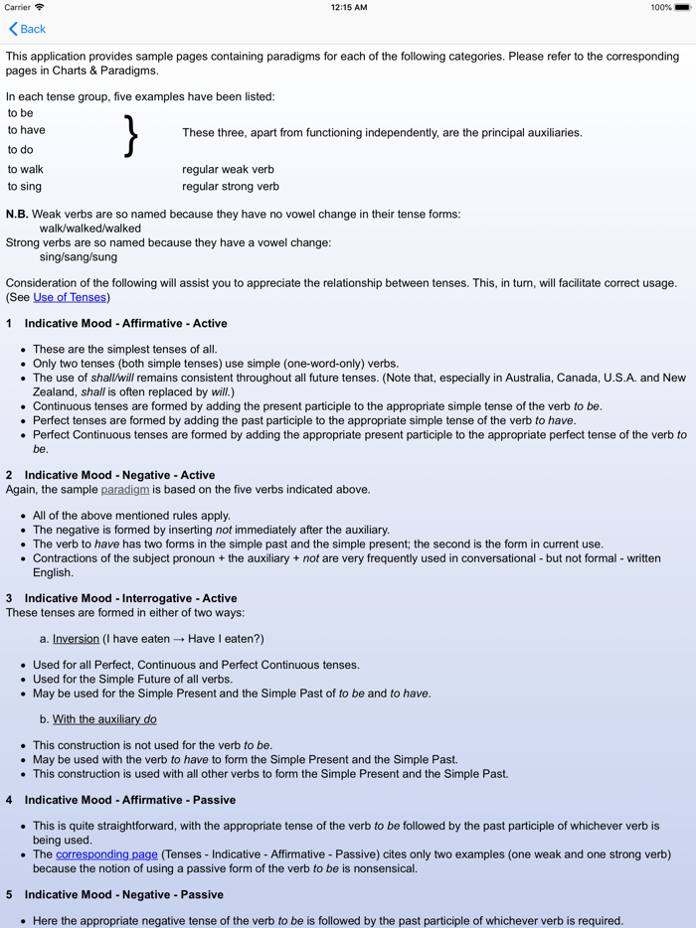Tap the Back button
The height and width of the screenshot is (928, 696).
pyautogui.click(x=27, y=29)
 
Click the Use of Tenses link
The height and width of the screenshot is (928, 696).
pyautogui.click(x=70, y=297)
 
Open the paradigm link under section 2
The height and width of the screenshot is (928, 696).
pyautogui.click(x=124, y=489)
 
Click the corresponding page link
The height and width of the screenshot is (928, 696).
pyautogui.click(x=106, y=853)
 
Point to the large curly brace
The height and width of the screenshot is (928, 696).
pyautogui.click(x=130, y=136)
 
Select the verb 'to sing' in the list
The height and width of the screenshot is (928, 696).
pyautogui.click(x=25, y=186)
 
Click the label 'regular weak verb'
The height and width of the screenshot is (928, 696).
pyautogui.click(x=228, y=169)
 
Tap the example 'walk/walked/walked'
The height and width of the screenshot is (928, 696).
pyautogui.click(x=89, y=228)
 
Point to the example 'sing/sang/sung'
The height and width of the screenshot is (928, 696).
pyautogui.click(x=78, y=256)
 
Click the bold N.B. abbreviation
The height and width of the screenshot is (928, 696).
pyautogui.click(x=17, y=214)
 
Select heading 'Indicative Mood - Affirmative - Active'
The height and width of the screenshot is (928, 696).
pyautogui.click(x=125, y=323)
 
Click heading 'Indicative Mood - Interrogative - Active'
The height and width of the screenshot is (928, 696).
pyautogui.click(x=130, y=598)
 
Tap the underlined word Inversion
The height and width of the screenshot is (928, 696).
pyautogui.click(x=76, y=639)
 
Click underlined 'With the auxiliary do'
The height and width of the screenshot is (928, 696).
pyautogui.click(x=104, y=719)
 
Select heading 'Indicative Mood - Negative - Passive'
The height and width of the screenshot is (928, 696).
pyautogui.click(x=123, y=894)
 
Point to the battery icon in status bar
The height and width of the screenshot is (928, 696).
pyautogui.click(x=682, y=7)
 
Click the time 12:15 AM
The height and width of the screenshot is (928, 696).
pyautogui.click(x=348, y=7)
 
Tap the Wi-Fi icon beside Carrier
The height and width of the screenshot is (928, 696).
pyautogui.click(x=40, y=7)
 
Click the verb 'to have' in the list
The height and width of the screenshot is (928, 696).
pyautogui.click(x=27, y=130)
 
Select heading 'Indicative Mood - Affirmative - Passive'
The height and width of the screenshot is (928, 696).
pyautogui.click(x=129, y=799)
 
